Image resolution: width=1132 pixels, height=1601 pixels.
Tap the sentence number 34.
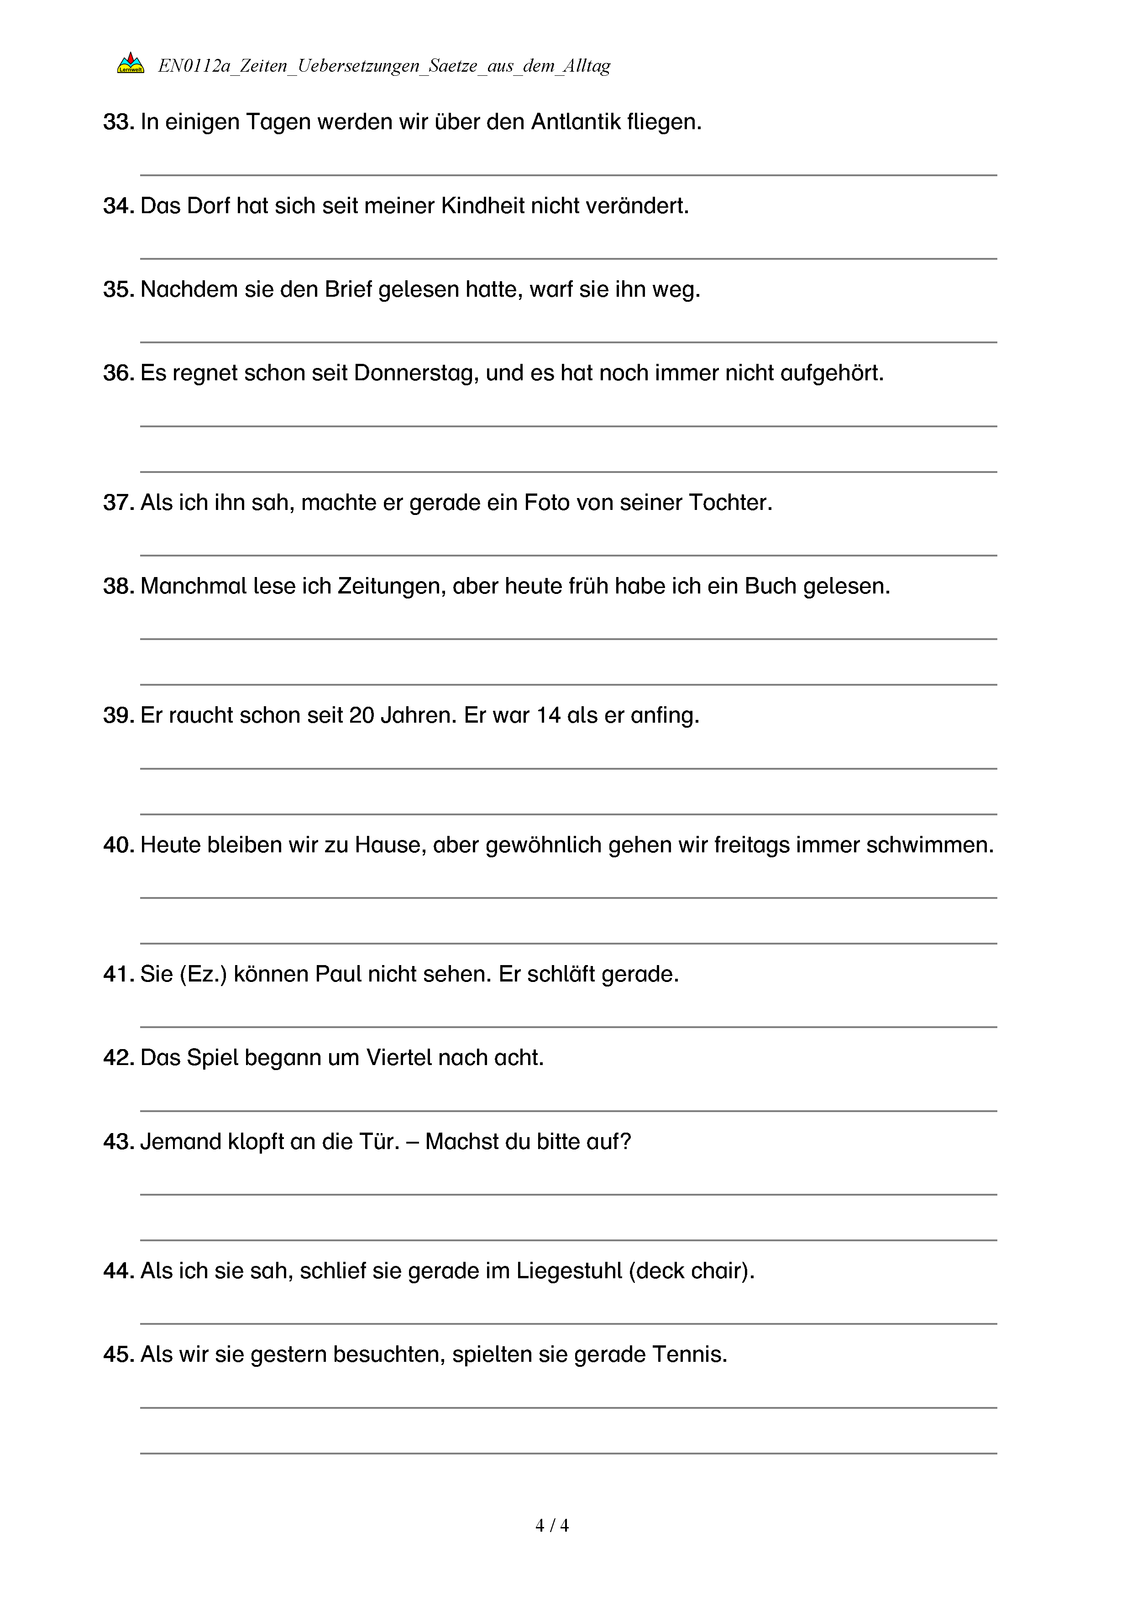(x=118, y=206)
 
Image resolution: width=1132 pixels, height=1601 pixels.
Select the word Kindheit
(x=482, y=206)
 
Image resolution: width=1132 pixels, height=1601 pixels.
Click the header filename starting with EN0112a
(x=384, y=66)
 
